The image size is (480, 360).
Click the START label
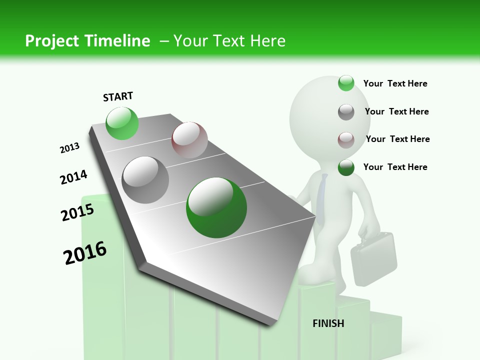118,96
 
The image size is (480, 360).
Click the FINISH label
328,323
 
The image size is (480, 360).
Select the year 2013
69,148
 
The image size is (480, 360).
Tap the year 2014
73,177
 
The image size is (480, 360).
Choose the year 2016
85,253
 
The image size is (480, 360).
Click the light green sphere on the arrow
122,123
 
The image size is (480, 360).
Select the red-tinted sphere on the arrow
189,140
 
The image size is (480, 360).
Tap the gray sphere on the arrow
145,180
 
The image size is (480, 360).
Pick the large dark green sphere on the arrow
216,207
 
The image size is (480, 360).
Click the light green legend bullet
346,83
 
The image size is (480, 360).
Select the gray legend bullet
346,111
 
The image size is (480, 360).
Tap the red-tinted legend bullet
346,139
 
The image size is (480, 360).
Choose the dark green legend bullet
346,167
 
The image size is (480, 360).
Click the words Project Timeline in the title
87,41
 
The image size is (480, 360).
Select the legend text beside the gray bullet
396,111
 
